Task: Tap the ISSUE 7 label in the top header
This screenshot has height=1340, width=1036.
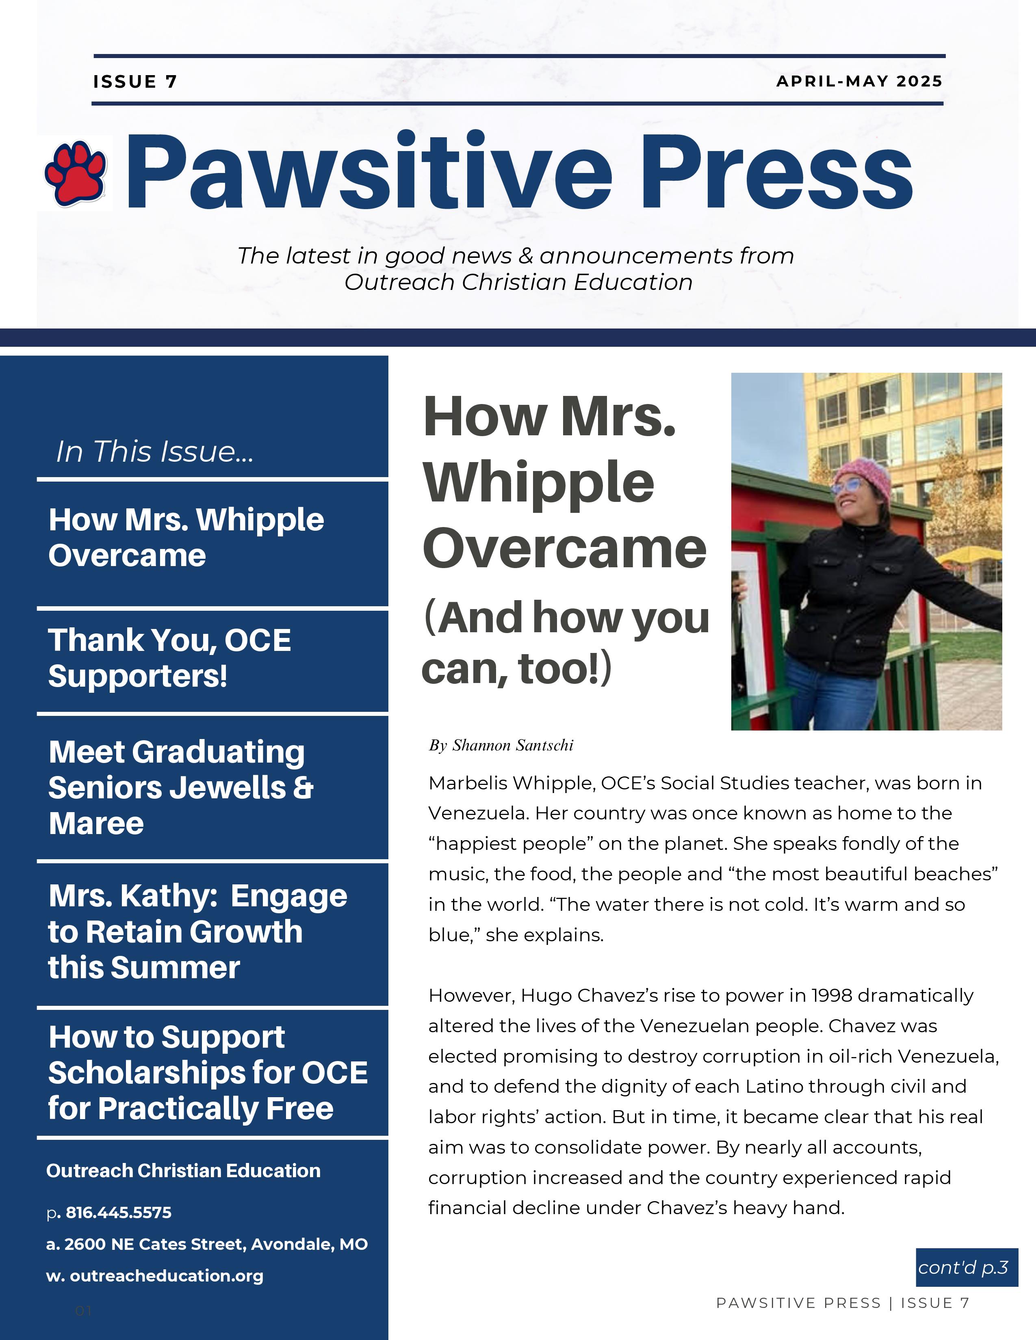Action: point(135,82)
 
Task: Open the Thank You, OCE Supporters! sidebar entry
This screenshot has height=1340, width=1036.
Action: point(169,658)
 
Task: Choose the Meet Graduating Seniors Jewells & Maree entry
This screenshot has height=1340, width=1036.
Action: point(181,787)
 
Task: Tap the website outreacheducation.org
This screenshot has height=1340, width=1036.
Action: point(166,1275)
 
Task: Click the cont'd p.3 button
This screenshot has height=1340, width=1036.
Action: point(963,1267)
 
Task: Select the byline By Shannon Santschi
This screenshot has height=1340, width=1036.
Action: point(501,746)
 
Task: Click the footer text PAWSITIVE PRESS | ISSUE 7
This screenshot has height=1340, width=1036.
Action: point(842,1303)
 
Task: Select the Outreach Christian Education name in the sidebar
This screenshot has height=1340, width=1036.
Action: point(183,1171)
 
